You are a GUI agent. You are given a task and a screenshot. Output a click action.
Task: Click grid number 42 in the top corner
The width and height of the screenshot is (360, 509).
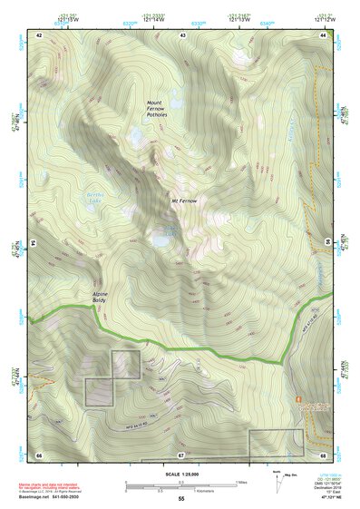(x=40, y=34)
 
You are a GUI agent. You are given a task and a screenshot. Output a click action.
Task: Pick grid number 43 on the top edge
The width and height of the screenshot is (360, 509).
(x=183, y=34)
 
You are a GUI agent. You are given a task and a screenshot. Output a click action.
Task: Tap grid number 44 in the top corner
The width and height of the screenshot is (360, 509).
(x=323, y=34)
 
